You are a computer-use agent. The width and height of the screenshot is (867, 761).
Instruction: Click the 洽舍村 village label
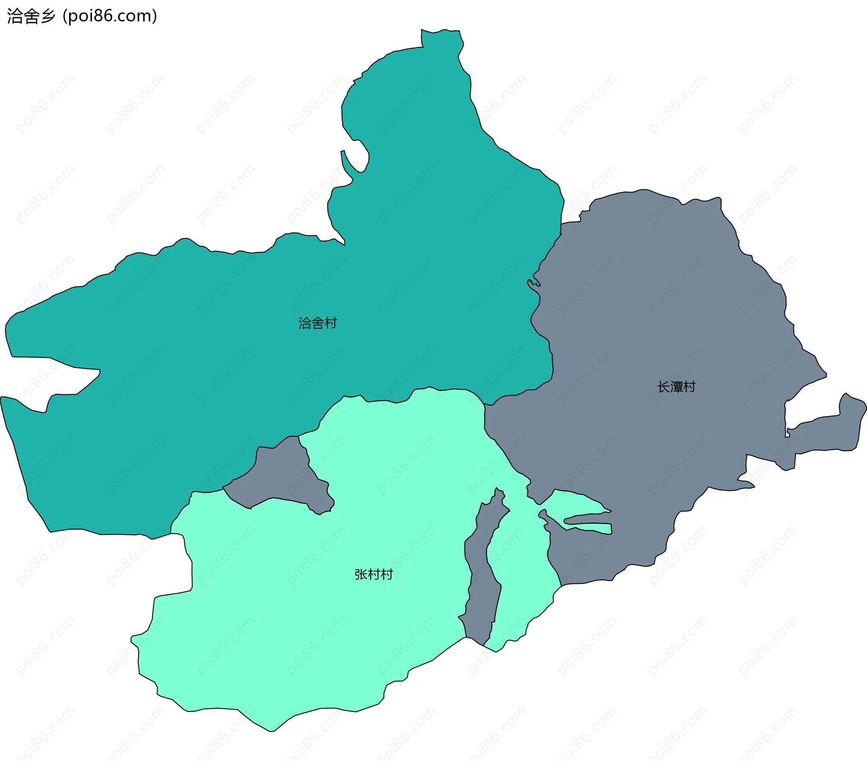(x=317, y=323)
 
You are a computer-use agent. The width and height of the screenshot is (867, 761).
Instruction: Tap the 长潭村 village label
(x=676, y=387)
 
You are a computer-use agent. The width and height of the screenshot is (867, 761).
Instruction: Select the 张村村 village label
(x=373, y=574)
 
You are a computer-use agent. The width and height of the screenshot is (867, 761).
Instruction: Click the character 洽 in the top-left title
(x=14, y=16)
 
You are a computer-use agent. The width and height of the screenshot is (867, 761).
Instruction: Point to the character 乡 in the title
(x=48, y=16)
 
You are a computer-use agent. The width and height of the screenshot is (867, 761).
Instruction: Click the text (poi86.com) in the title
(x=110, y=16)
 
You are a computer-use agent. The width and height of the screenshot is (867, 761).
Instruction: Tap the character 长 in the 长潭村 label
(x=663, y=387)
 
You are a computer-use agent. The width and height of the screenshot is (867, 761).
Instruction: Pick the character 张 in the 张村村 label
(x=361, y=574)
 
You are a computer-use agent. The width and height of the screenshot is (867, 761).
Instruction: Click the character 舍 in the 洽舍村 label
(x=317, y=323)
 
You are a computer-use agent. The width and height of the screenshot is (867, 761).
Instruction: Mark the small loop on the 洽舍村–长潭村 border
(x=533, y=283)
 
